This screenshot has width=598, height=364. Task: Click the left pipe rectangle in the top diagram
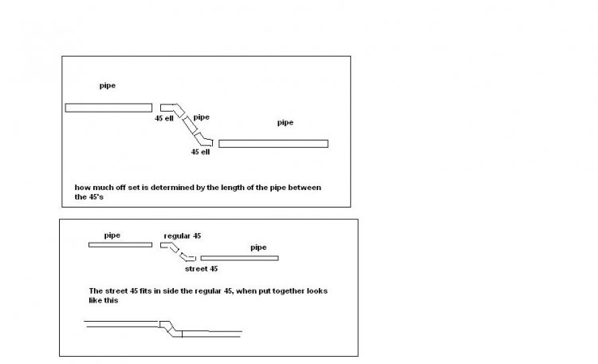(108, 108)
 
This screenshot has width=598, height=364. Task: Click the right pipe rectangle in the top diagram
(273, 144)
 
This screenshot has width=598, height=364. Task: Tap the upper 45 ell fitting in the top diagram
(172, 109)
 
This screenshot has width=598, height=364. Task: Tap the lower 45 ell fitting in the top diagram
(203, 140)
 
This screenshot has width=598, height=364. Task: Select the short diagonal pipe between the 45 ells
(190, 125)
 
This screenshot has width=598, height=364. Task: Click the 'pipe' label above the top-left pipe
(108, 85)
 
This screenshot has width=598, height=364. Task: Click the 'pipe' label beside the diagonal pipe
(202, 117)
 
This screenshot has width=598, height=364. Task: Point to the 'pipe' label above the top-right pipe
(285, 123)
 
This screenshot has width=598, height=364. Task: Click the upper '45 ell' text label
(164, 118)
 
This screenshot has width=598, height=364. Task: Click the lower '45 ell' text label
(201, 152)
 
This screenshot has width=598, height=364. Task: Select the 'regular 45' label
(183, 236)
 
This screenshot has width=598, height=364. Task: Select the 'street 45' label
(202, 269)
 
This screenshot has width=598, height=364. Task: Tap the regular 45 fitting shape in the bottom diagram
(170, 247)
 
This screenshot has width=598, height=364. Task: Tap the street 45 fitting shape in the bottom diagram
(187, 257)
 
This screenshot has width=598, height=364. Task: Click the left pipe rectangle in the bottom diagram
(120, 245)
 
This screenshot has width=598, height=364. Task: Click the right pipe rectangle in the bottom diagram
(239, 258)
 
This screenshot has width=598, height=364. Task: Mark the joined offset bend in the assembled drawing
(170, 329)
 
